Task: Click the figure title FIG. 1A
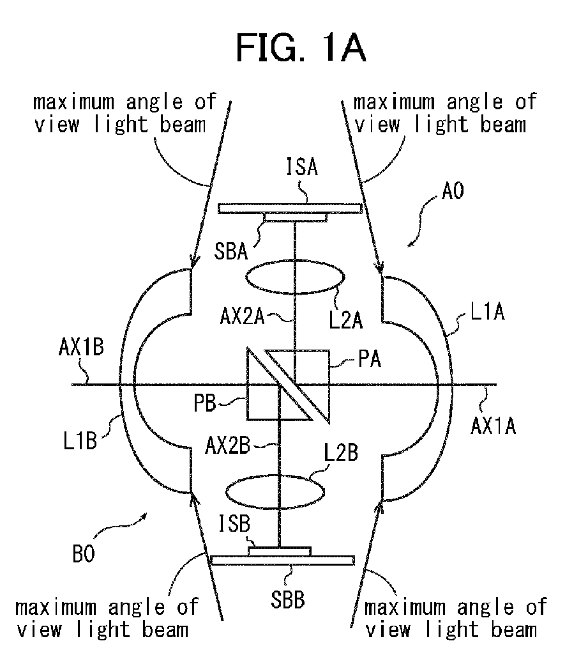tap(301, 48)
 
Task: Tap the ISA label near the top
tap(302, 166)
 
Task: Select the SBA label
tap(231, 251)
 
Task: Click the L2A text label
tap(345, 320)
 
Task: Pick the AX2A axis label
tap(243, 317)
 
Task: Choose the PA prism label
tap(370, 359)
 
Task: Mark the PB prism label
tap(205, 403)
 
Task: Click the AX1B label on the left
tap(81, 348)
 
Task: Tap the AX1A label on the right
tap(493, 426)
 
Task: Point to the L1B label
tap(80, 441)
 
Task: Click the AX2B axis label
tap(227, 446)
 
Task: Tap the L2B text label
tap(341, 453)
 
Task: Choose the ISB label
tap(234, 524)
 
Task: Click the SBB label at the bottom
tap(287, 599)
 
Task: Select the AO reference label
tap(453, 191)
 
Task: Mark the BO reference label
tap(84, 554)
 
